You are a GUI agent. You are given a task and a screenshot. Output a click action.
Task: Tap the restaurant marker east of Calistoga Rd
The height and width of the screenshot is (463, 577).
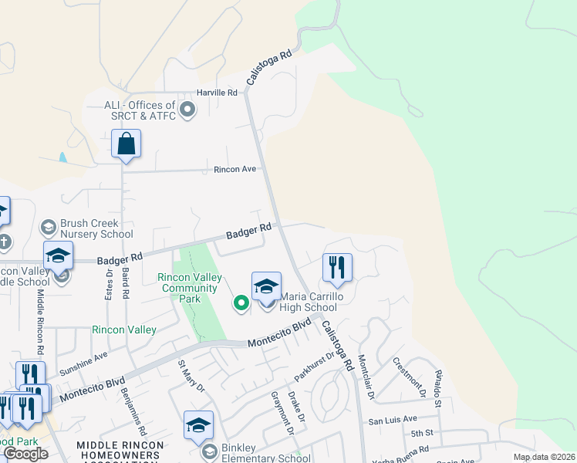point(337,268)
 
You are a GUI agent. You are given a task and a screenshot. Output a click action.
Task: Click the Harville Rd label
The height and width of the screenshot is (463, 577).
point(217,93)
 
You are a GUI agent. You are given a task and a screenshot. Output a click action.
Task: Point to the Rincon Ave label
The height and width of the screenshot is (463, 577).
point(235,169)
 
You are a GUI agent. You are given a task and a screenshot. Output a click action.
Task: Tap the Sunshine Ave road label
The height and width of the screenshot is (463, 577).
point(84,363)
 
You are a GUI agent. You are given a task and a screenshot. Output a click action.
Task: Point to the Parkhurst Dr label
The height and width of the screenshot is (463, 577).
point(315,367)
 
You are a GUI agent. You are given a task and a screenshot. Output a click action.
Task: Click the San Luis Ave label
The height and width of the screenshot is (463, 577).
point(392,421)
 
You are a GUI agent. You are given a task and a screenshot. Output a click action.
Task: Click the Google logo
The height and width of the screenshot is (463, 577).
point(25,454)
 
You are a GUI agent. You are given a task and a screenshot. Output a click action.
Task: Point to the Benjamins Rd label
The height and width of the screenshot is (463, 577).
point(133,402)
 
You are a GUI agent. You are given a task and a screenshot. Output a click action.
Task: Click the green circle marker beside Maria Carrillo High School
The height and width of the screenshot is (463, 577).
point(241,304)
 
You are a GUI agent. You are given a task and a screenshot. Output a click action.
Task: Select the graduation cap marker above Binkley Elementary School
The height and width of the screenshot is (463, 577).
point(198,425)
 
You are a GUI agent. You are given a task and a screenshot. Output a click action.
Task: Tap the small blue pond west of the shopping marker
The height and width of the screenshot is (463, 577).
point(62,157)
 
